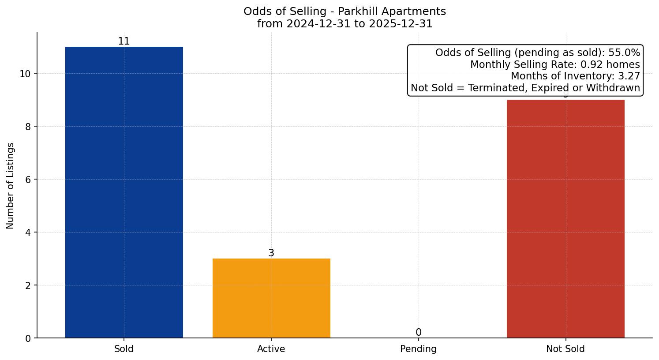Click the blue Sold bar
124,192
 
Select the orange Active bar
271,298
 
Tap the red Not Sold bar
565,219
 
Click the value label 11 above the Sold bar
124,41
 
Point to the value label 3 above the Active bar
271,253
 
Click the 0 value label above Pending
418,333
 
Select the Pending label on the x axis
418,349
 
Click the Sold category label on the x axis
124,349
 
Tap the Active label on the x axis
271,349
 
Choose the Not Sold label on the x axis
565,349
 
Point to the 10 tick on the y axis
25,74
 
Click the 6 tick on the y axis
28,180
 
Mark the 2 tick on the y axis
28,285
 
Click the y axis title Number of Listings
11,186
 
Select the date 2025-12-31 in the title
401,24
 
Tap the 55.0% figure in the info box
624,53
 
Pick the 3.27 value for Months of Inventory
628,76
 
